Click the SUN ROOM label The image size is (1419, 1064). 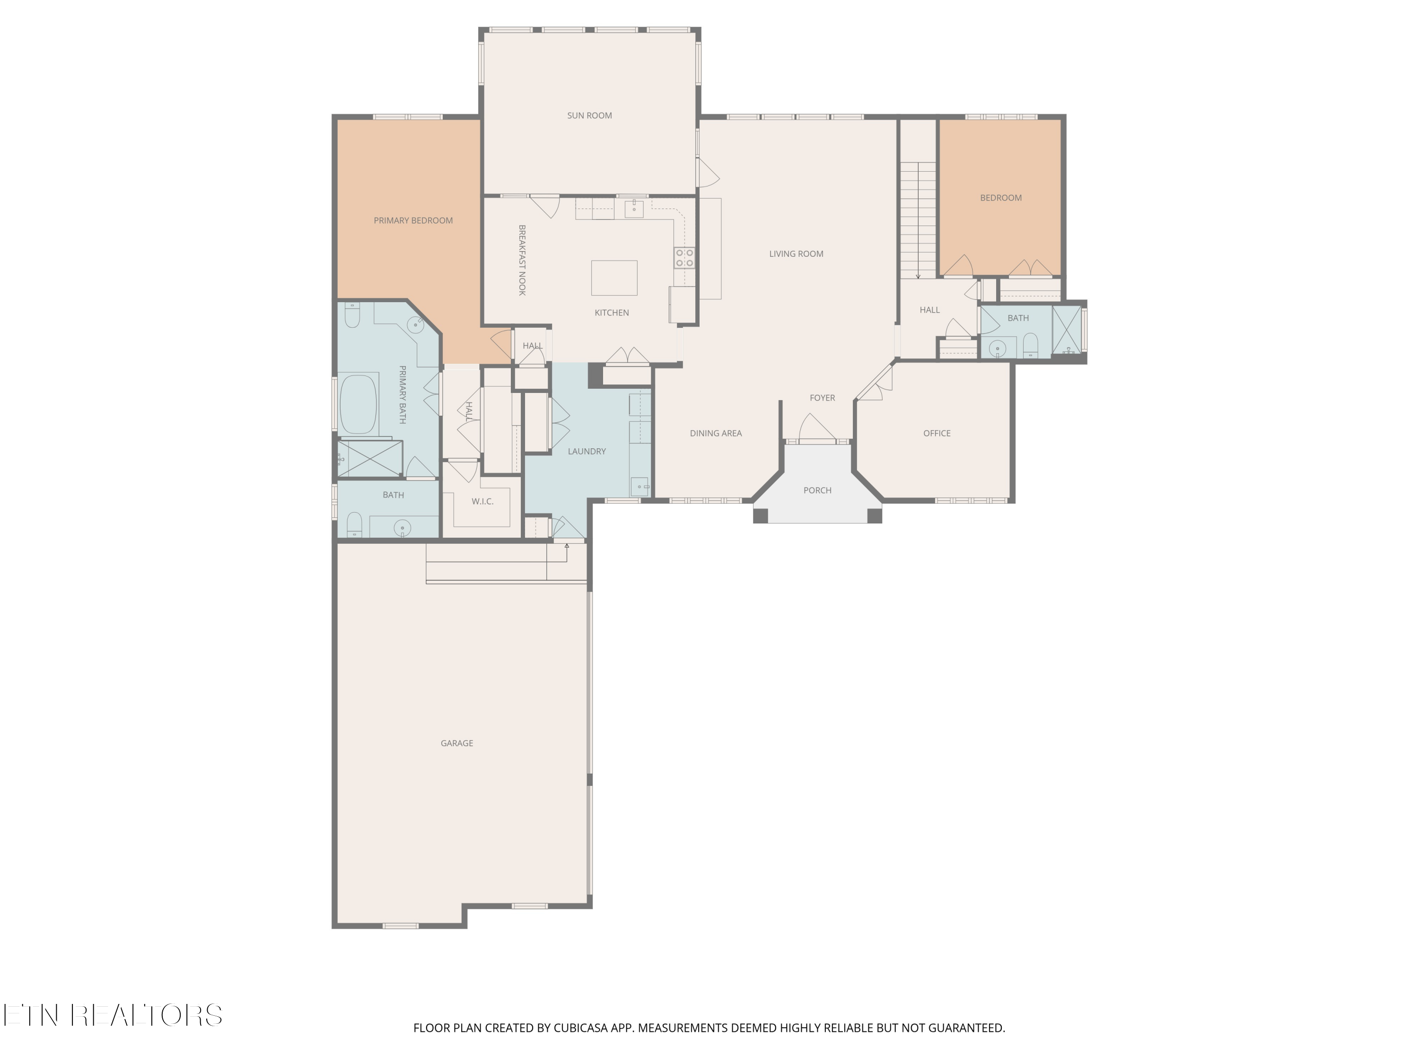pyautogui.click(x=589, y=115)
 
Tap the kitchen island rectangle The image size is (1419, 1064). pyautogui.click(x=614, y=278)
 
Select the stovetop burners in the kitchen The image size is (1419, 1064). pyautogui.click(x=684, y=258)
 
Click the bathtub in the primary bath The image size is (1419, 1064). pyautogui.click(x=358, y=405)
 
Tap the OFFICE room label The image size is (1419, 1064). pyautogui.click(x=936, y=433)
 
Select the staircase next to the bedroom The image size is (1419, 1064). pyautogui.click(x=918, y=218)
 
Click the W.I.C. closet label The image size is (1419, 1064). pyautogui.click(x=482, y=501)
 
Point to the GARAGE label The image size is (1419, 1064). pyautogui.click(x=457, y=743)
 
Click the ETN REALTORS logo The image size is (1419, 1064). pyautogui.click(x=112, y=1015)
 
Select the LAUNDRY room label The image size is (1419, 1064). pyautogui.click(x=587, y=451)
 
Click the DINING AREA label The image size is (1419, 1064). pyautogui.click(x=715, y=433)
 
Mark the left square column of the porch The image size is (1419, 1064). pyautogui.click(x=760, y=515)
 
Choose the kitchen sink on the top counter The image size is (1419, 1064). pyautogui.click(x=634, y=209)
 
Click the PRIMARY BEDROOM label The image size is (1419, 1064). pyautogui.click(x=413, y=220)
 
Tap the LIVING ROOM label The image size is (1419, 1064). pyautogui.click(x=796, y=253)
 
